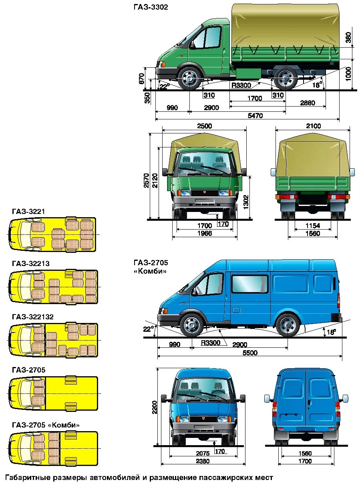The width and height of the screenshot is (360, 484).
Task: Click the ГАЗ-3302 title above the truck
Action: pos(151,7)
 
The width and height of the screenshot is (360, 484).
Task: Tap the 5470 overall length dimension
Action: pos(255,116)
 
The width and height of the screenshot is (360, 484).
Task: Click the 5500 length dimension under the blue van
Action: pos(249,353)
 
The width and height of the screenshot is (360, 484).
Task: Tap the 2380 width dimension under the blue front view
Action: pos(203,461)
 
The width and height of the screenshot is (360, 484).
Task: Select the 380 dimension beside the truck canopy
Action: pos(348,37)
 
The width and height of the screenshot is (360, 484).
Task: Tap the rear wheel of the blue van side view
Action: pos(288,325)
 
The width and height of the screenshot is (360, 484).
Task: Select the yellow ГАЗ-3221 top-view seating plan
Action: pos(52,234)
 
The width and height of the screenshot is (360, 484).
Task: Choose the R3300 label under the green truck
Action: pos(241,85)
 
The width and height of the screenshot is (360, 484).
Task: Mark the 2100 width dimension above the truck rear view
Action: pos(313,126)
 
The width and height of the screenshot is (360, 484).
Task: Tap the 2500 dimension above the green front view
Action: pos(204,126)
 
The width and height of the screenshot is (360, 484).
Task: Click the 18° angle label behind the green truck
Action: pos(317,85)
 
